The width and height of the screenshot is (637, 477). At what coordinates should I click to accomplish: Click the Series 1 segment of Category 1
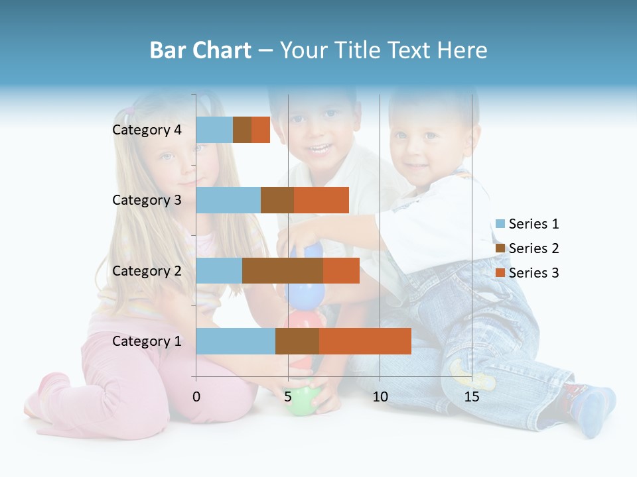pyautogui.click(x=236, y=341)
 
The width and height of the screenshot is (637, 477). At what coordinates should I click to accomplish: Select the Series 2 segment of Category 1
pyautogui.click(x=297, y=341)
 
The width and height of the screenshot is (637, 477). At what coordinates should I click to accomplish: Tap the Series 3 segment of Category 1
pyautogui.click(x=365, y=341)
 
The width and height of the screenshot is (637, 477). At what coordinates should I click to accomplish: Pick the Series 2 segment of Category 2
pyautogui.click(x=282, y=271)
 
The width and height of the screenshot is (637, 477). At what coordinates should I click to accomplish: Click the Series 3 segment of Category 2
pyautogui.click(x=341, y=271)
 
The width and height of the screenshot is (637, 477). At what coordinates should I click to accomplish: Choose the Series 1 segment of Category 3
pyautogui.click(x=228, y=200)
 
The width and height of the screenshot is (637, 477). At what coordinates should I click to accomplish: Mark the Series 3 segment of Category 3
pyautogui.click(x=321, y=200)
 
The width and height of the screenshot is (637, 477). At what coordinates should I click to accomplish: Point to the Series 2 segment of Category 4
pyautogui.click(x=242, y=130)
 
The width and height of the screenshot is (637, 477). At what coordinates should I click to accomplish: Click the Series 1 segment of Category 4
pyautogui.click(x=214, y=130)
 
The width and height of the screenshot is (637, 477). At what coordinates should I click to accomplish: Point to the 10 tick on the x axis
pyautogui.click(x=380, y=397)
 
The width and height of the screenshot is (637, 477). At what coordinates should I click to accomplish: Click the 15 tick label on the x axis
pyautogui.click(x=472, y=397)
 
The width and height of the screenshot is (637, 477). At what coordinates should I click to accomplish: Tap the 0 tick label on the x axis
pyautogui.click(x=196, y=397)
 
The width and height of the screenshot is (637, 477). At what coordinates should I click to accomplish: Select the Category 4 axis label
pyautogui.click(x=147, y=130)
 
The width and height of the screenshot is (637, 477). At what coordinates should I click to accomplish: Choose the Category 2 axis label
pyautogui.click(x=147, y=271)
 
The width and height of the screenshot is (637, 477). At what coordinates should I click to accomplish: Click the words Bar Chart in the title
pyautogui.click(x=200, y=50)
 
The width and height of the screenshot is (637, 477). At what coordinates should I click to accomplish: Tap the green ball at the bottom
pyautogui.click(x=302, y=401)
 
